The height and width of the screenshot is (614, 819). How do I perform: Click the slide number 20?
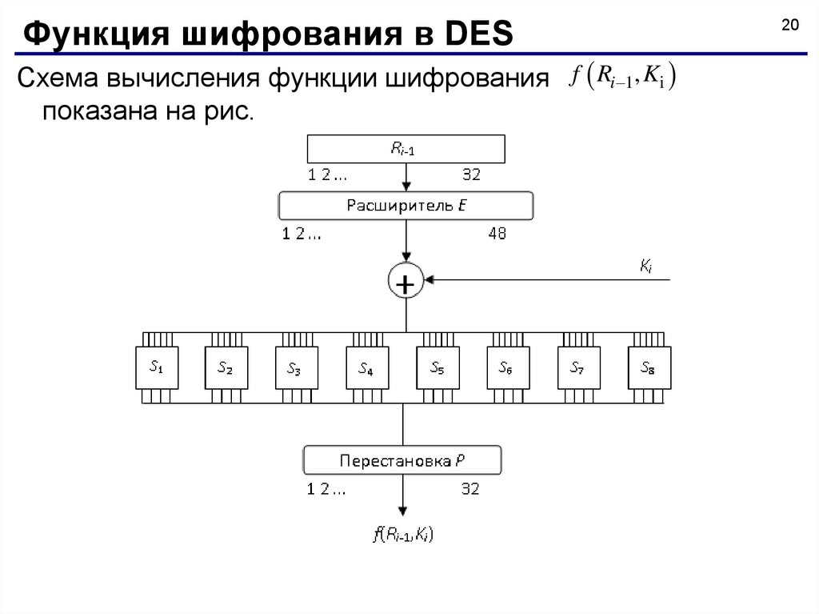[x=789, y=25]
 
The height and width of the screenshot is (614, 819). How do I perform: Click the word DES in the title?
[x=479, y=34]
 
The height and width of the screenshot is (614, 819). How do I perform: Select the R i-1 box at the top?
[x=406, y=149]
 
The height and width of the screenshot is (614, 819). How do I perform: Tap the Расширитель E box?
[x=406, y=206]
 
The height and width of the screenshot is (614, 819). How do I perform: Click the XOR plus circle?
[x=406, y=280]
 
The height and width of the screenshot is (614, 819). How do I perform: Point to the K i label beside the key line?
[x=646, y=267]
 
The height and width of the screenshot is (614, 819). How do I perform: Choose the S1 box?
[x=157, y=367]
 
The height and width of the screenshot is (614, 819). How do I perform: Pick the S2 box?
[x=226, y=367]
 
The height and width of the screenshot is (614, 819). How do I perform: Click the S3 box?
[x=296, y=367]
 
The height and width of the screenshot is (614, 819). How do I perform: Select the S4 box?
[x=367, y=367]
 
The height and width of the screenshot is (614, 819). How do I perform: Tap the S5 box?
[x=437, y=367]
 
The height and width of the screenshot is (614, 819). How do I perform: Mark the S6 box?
[x=508, y=367]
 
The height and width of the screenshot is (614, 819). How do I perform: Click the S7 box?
[x=579, y=367]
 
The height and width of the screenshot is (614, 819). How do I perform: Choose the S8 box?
[x=649, y=367]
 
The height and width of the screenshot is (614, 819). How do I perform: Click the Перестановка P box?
[x=402, y=460]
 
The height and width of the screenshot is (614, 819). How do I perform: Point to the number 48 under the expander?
[x=497, y=233]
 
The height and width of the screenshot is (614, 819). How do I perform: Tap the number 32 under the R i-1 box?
[x=471, y=175]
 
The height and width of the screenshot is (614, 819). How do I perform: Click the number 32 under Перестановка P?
[x=470, y=489]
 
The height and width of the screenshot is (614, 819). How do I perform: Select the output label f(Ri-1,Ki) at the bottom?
[x=403, y=535]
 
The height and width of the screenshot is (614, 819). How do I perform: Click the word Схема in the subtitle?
[x=58, y=78]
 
